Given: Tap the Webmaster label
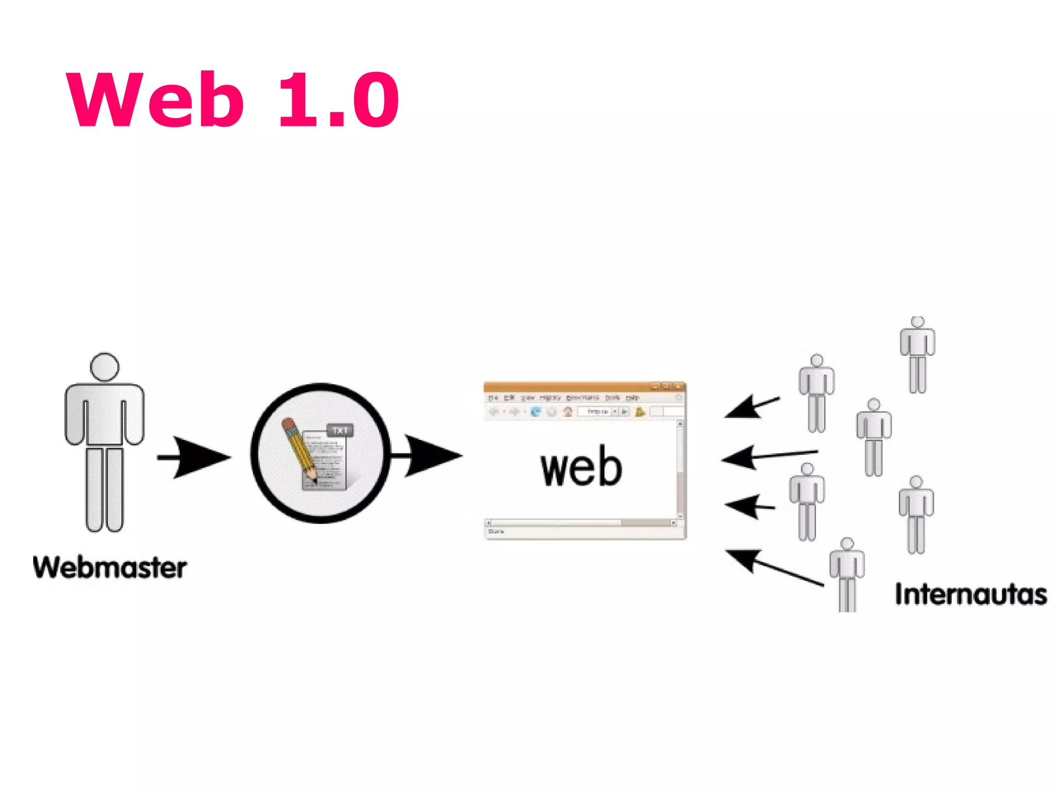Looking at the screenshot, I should point(109,568).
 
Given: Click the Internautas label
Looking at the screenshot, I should point(970,594).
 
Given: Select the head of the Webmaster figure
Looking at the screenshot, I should point(105,367).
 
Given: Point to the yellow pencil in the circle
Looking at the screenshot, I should point(299,449).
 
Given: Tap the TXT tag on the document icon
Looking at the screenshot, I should point(340,430).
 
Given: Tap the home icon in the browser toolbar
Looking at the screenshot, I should point(568,411).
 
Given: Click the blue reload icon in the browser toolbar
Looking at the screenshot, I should point(536,411).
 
